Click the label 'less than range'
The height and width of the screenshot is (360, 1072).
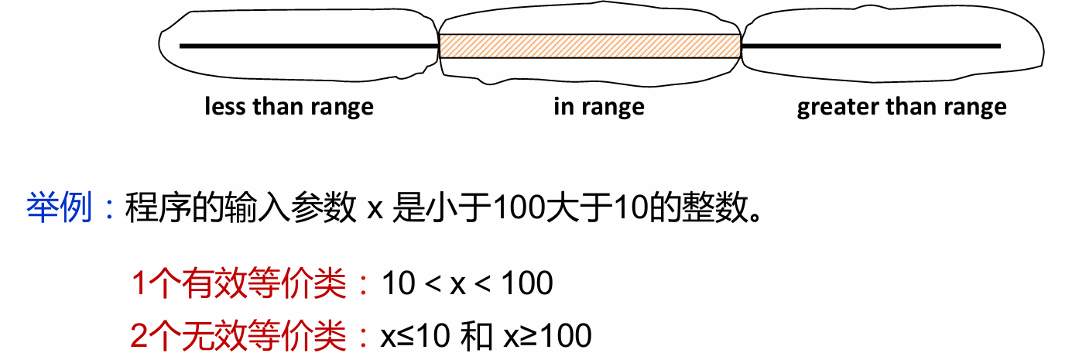[289, 106]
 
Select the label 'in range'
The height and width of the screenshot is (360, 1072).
[599, 106]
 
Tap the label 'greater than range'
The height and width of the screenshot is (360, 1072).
[902, 106]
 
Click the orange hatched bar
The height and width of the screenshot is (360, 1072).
[590, 46]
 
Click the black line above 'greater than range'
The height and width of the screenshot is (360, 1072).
[871, 46]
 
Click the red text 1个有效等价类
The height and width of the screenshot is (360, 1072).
[239, 284]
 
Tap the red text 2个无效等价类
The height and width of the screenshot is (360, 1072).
[239, 335]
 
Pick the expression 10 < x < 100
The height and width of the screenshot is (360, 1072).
[468, 284]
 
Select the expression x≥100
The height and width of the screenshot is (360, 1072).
[547, 336]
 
